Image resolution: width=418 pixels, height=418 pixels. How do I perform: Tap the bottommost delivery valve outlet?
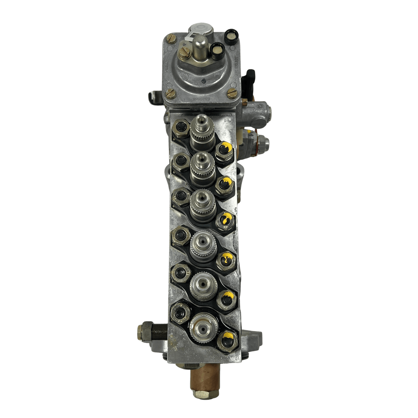coord(203,325)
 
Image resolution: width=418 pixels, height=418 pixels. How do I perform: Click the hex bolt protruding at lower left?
coord(146,331)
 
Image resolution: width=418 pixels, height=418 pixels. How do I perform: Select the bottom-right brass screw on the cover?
coord(232,93)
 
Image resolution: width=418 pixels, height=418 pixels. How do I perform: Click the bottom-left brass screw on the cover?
coord(171,93)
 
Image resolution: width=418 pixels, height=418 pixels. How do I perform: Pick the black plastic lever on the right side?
coord(250,78)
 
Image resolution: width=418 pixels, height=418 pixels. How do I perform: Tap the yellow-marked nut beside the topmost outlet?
coord(224,150)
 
